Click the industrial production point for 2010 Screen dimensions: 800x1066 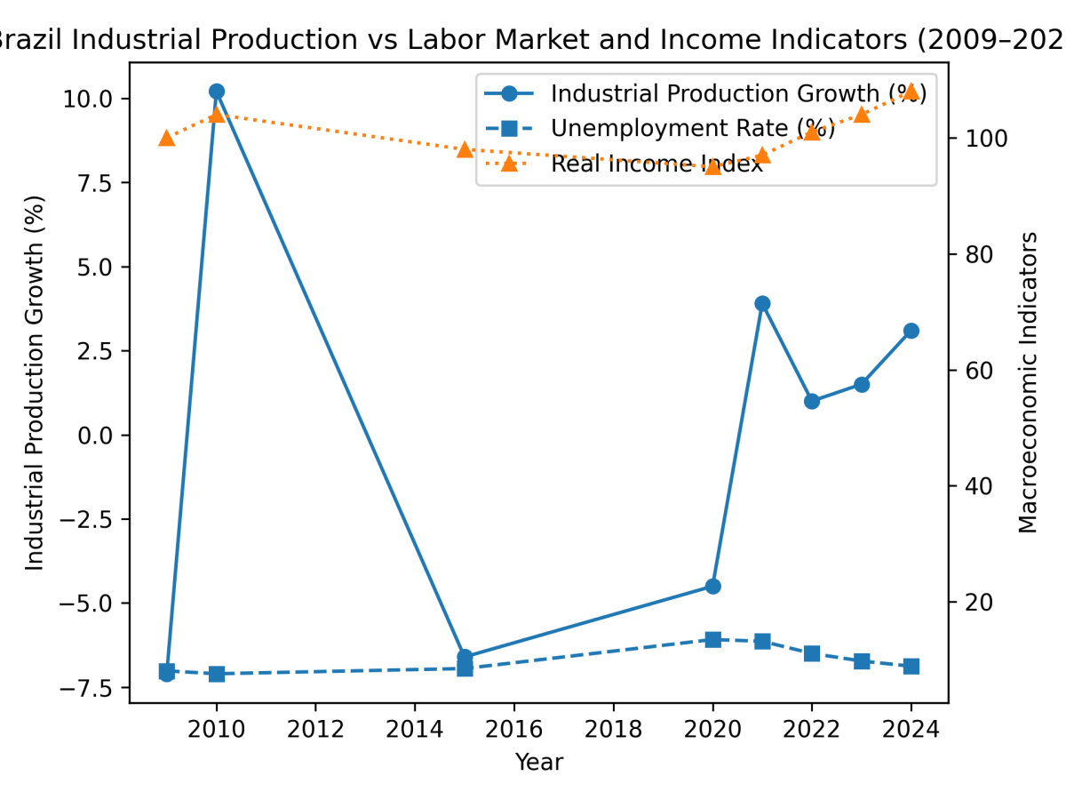coord(216,92)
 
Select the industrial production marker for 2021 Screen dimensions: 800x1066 coord(762,303)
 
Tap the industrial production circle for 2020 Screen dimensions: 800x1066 coord(712,586)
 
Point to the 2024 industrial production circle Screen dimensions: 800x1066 coord(911,331)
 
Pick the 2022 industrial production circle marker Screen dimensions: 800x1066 coord(811,401)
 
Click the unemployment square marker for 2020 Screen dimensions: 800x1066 coord(712,639)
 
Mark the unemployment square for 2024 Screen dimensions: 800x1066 coord(911,667)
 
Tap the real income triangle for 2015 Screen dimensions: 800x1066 coord(465,149)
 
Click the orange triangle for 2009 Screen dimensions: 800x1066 coord(166,138)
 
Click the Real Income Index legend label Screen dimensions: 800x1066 coord(656,164)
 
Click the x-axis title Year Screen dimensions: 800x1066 coord(538,763)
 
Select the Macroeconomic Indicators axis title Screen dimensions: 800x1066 coord(1029,382)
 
